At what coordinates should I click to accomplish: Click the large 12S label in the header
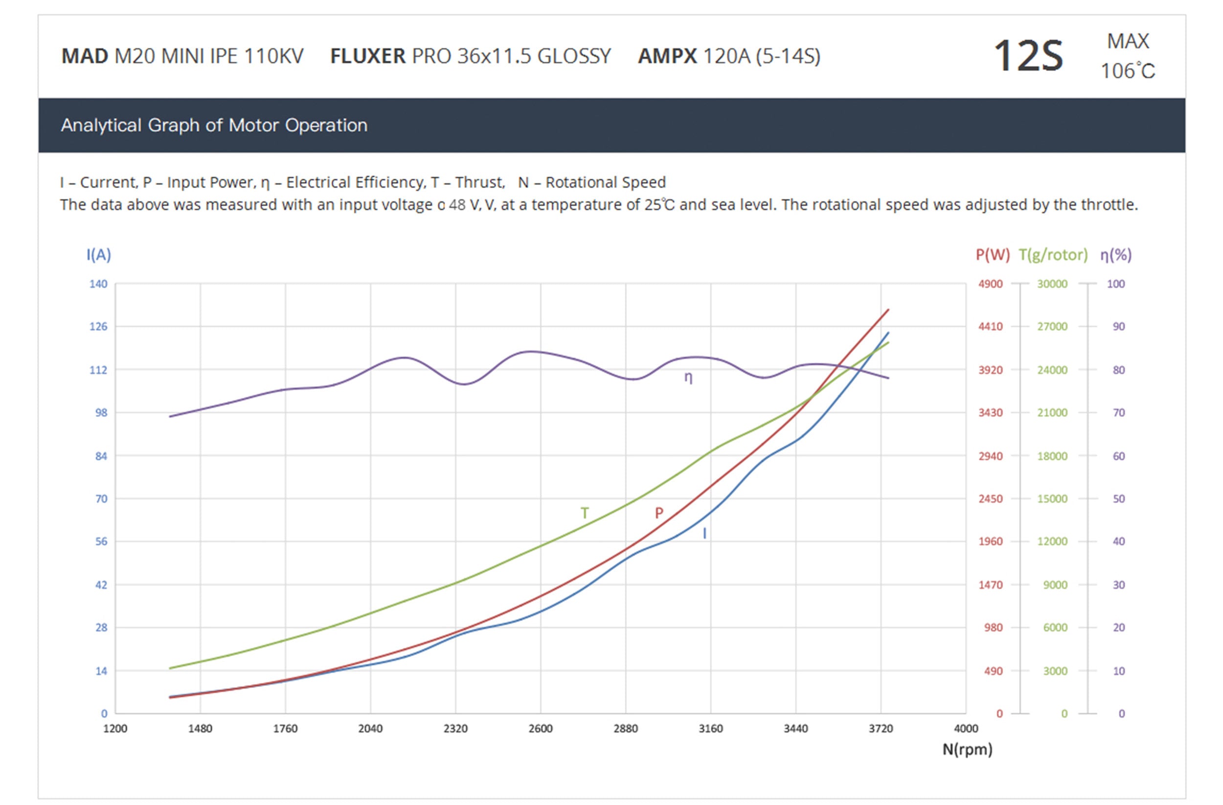tap(1028, 55)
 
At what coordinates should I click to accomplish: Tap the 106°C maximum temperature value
tap(1128, 71)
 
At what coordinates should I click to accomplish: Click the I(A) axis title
tap(99, 255)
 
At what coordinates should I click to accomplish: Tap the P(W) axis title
tap(992, 255)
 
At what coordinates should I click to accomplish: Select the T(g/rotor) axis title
tap(1053, 255)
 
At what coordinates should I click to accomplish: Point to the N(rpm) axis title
tap(967, 750)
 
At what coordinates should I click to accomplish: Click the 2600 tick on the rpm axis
tap(541, 728)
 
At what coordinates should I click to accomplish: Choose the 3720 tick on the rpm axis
tap(881, 728)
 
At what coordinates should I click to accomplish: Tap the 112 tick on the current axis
tap(98, 370)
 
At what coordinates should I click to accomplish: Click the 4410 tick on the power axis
tap(990, 327)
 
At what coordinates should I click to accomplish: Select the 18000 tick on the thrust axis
tap(1052, 456)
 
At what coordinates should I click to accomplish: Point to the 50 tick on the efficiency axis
tap(1119, 499)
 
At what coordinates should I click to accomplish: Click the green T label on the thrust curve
tap(585, 513)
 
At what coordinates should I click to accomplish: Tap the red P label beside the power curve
tap(659, 513)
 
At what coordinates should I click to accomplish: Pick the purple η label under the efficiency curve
tap(689, 378)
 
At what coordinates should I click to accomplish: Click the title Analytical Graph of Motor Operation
tap(214, 125)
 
